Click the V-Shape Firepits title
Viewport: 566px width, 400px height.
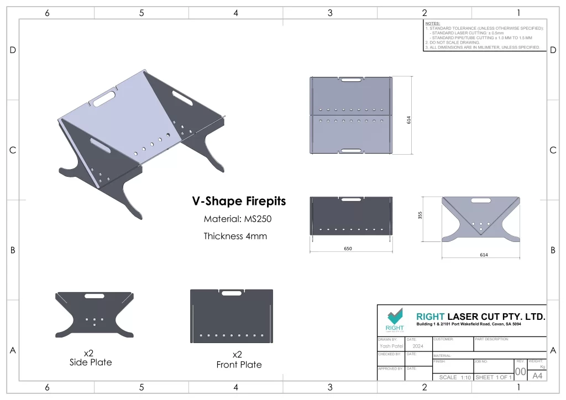pos(239,201)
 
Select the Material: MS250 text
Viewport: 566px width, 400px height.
pos(238,219)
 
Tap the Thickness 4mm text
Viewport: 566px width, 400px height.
pos(235,236)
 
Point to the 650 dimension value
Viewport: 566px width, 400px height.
pos(348,249)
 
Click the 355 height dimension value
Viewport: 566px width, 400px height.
pos(420,215)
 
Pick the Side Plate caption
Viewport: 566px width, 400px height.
pos(91,362)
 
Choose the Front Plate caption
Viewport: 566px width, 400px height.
pos(239,365)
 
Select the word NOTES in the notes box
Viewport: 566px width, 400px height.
pos(433,24)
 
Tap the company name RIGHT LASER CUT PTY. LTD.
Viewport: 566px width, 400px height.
pos(480,317)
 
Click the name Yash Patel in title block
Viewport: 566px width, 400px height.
pos(391,346)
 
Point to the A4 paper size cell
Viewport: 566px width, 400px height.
pos(537,376)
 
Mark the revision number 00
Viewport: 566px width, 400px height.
pos(520,372)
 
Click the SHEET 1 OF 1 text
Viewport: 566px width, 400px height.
pos(494,377)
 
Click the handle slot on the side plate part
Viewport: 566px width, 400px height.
pos(94,297)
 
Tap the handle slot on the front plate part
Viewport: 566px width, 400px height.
pos(232,293)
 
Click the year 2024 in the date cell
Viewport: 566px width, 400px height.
pos(418,346)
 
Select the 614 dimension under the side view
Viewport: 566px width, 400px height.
pos(480,255)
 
